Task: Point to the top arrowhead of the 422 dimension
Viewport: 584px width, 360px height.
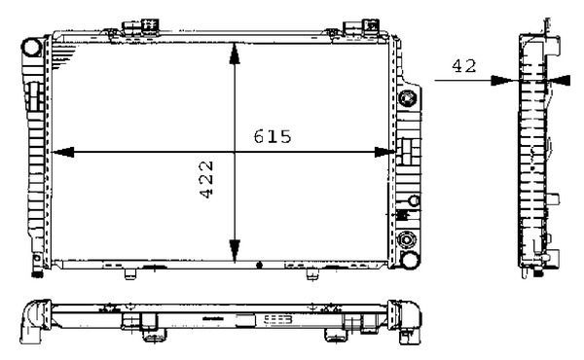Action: (x=234, y=54)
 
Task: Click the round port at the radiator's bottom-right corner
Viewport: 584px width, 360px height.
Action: (x=408, y=240)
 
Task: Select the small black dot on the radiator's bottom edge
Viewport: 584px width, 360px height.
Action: (x=258, y=264)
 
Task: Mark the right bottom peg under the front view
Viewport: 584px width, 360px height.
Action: (x=311, y=272)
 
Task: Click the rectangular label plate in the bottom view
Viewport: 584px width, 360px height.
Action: (x=273, y=317)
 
